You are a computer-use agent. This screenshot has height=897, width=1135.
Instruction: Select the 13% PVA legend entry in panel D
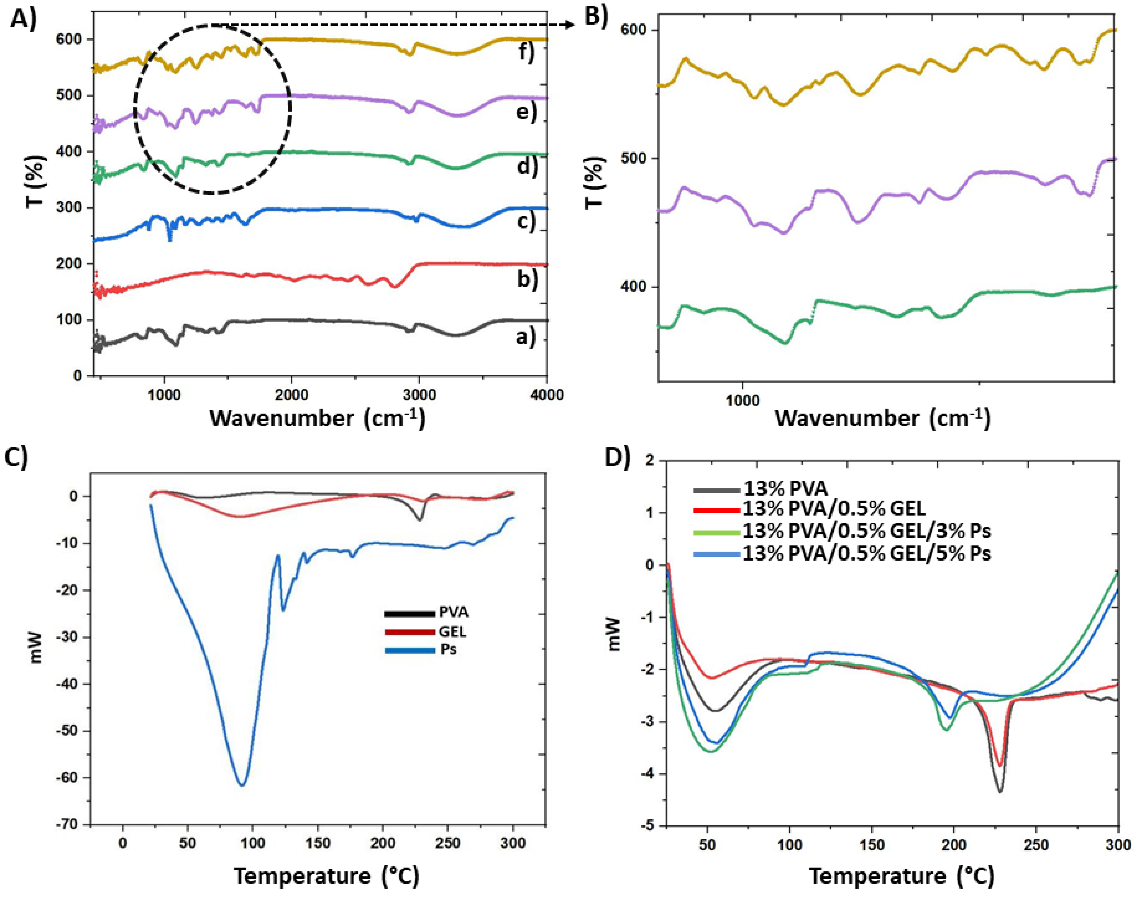[785, 490]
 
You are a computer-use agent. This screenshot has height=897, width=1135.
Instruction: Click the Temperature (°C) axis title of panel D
[901, 876]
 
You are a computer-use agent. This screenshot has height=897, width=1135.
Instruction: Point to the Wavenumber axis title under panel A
[318, 419]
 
